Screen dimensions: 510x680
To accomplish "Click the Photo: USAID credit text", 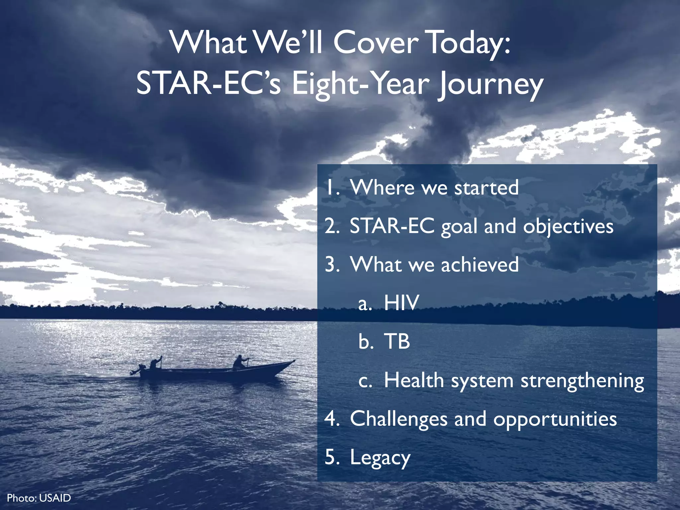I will click(x=39, y=498).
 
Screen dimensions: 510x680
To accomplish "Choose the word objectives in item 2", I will click(x=568, y=227).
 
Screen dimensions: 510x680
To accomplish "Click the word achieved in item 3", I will click(x=480, y=265).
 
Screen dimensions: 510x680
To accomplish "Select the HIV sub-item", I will click(x=401, y=303).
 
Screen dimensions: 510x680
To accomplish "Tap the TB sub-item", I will click(x=397, y=341).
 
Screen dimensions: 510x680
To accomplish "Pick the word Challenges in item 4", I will click(x=398, y=419).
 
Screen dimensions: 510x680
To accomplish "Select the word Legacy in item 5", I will click(x=380, y=458).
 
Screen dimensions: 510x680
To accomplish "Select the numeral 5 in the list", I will click(x=331, y=457).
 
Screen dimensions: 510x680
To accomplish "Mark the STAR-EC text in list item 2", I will click(x=392, y=226).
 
